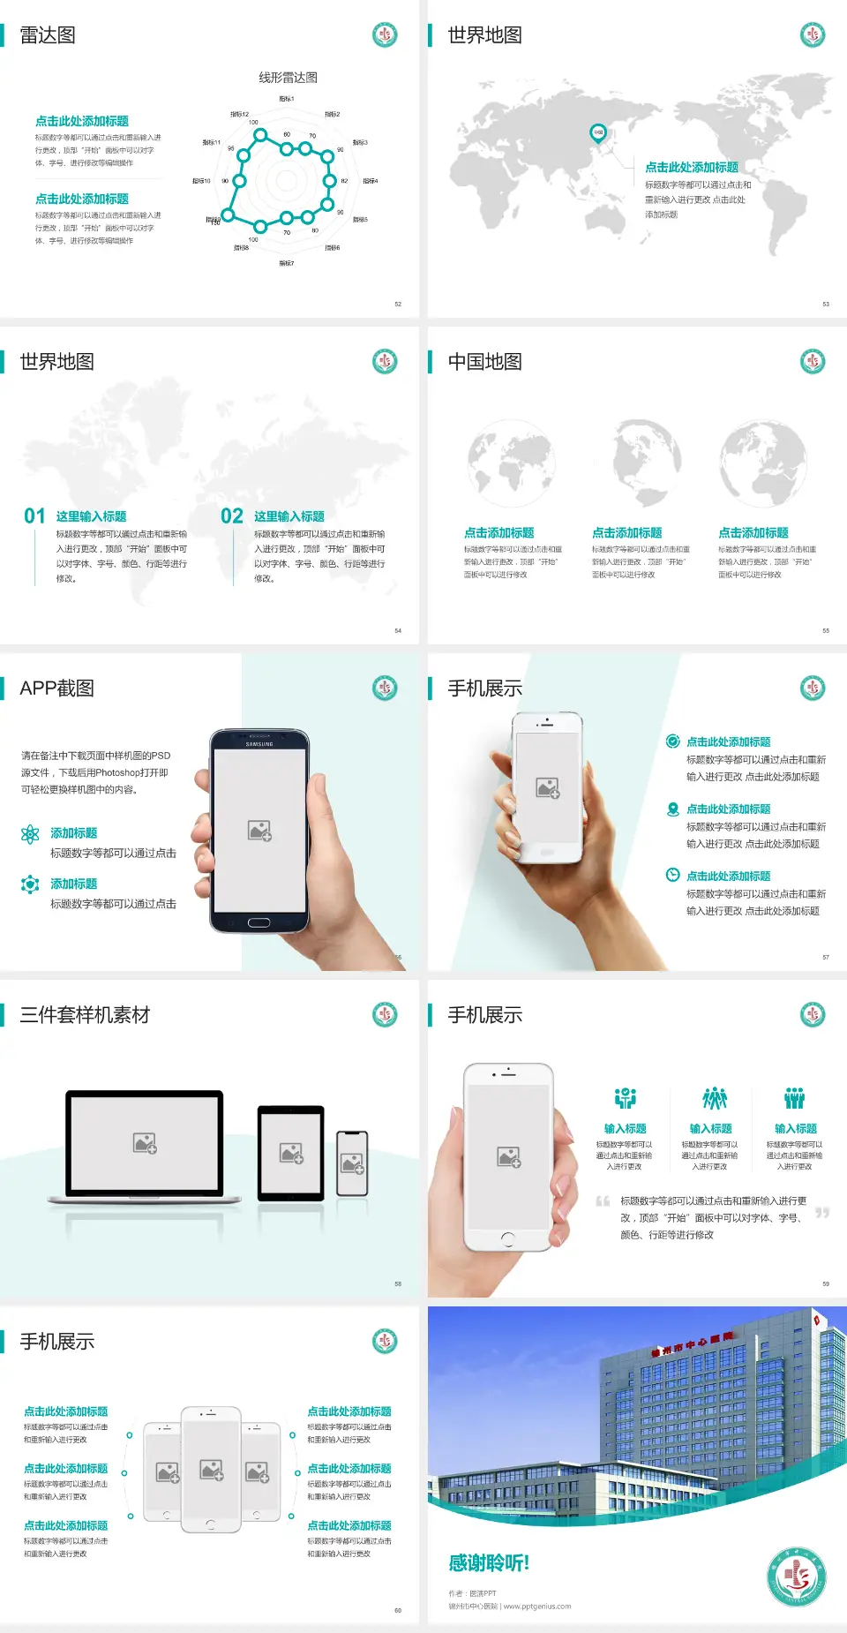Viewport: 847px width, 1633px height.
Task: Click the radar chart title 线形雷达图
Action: (288, 78)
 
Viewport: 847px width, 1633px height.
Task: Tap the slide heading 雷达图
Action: (48, 35)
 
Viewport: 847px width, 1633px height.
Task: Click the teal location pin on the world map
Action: (597, 133)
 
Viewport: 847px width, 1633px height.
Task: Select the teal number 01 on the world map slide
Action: (34, 516)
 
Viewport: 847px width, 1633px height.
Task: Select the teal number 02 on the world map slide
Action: (232, 516)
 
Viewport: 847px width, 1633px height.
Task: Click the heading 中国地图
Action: (484, 362)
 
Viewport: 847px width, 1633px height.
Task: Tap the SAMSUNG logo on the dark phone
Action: (259, 744)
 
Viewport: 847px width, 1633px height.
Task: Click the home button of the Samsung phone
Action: (259, 922)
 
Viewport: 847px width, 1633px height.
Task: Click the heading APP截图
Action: (57, 689)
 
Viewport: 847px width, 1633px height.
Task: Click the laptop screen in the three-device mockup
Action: (145, 1143)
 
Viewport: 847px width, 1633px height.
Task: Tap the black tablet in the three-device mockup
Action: (291, 1152)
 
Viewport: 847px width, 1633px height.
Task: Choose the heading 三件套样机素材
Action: (85, 1015)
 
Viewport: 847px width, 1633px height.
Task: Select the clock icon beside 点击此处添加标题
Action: (672, 875)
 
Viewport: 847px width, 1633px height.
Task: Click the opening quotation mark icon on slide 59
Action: (603, 1201)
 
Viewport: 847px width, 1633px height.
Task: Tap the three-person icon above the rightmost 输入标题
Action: (795, 1098)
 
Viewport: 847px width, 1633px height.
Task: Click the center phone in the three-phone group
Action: (211, 1470)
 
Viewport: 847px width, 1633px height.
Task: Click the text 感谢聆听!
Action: (489, 1563)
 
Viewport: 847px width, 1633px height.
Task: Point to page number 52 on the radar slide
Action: (398, 304)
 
